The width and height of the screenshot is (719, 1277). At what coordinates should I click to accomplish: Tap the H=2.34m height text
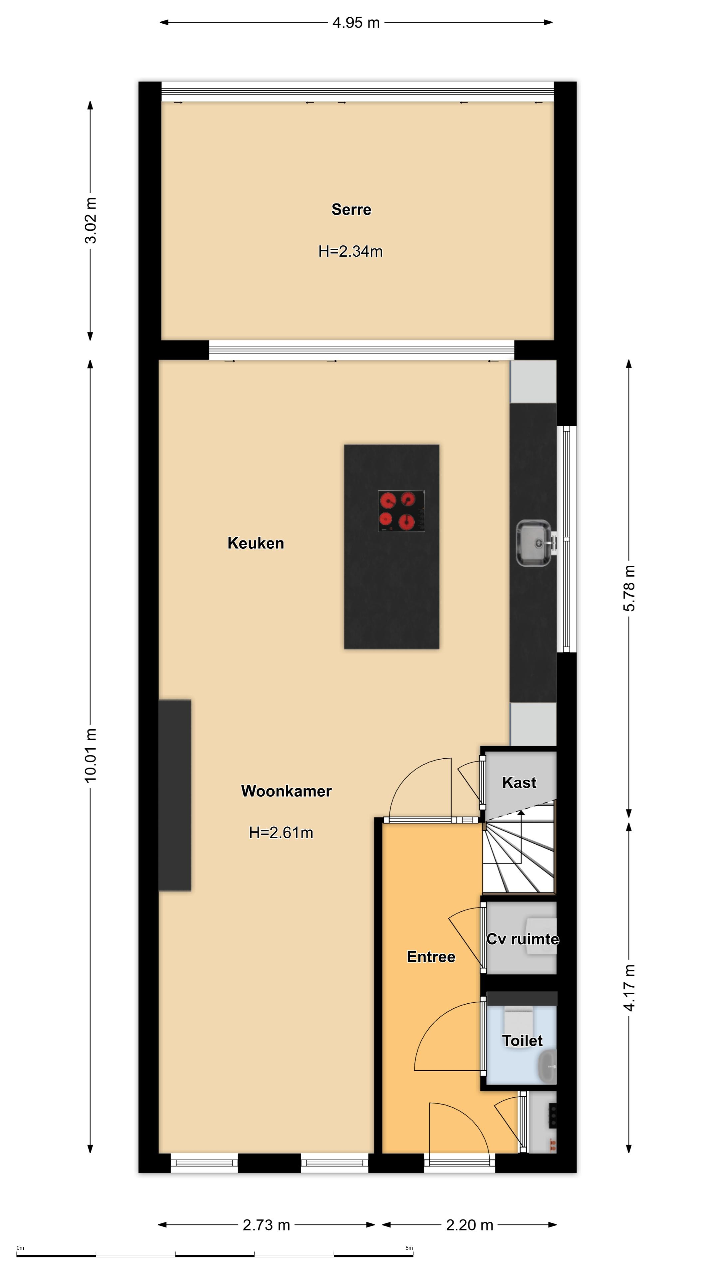tap(350, 251)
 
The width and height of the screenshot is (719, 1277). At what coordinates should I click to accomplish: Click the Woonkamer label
tap(286, 791)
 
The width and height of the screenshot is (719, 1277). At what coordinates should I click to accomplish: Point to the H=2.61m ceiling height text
tap(281, 832)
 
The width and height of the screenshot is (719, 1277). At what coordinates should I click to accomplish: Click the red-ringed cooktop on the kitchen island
tap(401, 511)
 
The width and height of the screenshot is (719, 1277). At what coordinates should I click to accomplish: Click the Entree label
tap(431, 956)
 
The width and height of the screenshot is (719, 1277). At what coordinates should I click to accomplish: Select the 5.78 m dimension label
tap(629, 588)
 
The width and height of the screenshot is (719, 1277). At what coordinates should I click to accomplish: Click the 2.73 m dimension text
tap(266, 1225)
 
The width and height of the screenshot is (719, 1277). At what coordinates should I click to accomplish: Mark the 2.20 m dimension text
tap(469, 1225)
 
